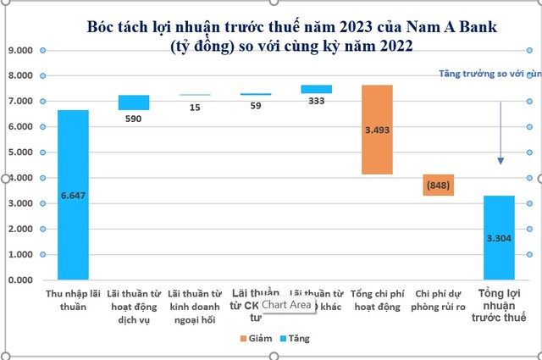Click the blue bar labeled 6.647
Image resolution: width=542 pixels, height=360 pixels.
coord(73,195)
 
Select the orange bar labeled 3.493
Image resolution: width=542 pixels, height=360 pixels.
coord(377,130)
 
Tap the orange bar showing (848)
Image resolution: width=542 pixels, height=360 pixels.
coord(438,185)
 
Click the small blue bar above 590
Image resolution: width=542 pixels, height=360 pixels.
coord(134,102)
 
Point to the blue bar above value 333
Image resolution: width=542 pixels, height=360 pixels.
coord(316,89)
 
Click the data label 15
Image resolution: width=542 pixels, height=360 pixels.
coord(195,107)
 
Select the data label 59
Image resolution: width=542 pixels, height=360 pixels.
coord(255,107)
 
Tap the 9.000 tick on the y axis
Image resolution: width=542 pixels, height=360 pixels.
coord(20,51)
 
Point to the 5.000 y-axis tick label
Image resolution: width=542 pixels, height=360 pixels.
coord(20,152)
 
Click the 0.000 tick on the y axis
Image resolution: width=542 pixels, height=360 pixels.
coord(20,280)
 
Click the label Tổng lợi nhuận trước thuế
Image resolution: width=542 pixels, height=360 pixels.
coord(499,305)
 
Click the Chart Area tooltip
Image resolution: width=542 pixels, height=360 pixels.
coord(286,304)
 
